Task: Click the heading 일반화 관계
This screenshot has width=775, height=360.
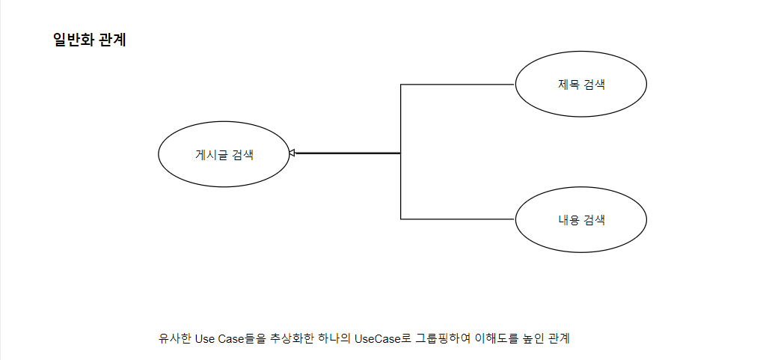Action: point(90,40)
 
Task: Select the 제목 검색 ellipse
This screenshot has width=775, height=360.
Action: point(581,84)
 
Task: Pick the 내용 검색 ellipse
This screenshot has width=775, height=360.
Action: point(581,220)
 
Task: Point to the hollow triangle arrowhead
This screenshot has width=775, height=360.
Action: point(293,153)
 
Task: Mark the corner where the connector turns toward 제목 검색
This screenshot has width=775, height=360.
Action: point(401,85)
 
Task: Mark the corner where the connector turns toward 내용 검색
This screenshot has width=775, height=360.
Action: point(401,219)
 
